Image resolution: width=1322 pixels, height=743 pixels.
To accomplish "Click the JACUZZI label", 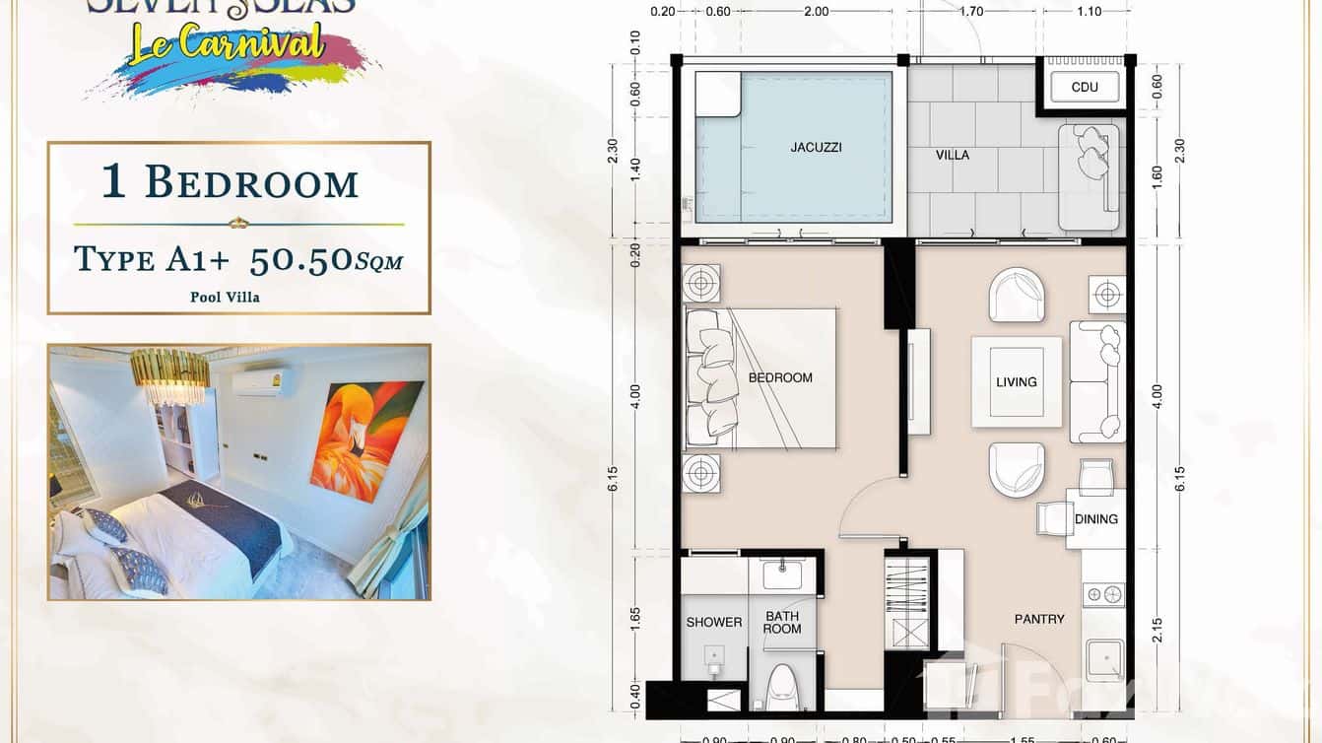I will [x=816, y=148].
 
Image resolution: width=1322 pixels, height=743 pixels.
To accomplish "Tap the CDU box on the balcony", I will [x=1085, y=87].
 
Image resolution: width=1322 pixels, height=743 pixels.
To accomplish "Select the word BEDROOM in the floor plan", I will [x=780, y=377].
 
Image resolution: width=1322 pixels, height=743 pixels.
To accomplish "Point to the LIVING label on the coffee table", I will [x=1016, y=382].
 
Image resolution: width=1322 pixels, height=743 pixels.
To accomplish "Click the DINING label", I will [x=1096, y=519].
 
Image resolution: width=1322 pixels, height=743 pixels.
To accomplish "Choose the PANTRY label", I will [x=1039, y=619].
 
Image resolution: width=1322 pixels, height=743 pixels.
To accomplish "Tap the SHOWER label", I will [x=713, y=622].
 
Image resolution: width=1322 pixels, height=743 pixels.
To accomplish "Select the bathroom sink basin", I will [x=783, y=574].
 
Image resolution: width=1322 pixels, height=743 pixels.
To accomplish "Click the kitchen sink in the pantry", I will [x=1103, y=659].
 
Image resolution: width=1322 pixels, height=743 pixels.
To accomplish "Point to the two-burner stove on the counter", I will [x=1103, y=594].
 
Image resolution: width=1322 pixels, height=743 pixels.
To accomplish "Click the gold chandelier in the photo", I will [x=169, y=375].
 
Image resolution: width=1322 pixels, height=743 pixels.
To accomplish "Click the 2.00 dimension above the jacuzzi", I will [x=816, y=12].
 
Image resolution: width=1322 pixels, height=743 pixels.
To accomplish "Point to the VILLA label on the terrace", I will [x=952, y=155].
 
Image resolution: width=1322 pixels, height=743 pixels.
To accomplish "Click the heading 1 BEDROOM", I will [x=231, y=183].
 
